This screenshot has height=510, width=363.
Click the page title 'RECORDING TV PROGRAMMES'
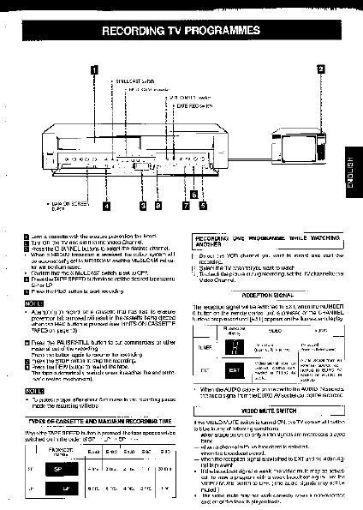(181, 32)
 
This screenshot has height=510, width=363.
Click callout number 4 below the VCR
(106, 205)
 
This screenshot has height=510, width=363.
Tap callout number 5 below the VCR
(203, 205)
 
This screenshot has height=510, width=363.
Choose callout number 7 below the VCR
(185, 205)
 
